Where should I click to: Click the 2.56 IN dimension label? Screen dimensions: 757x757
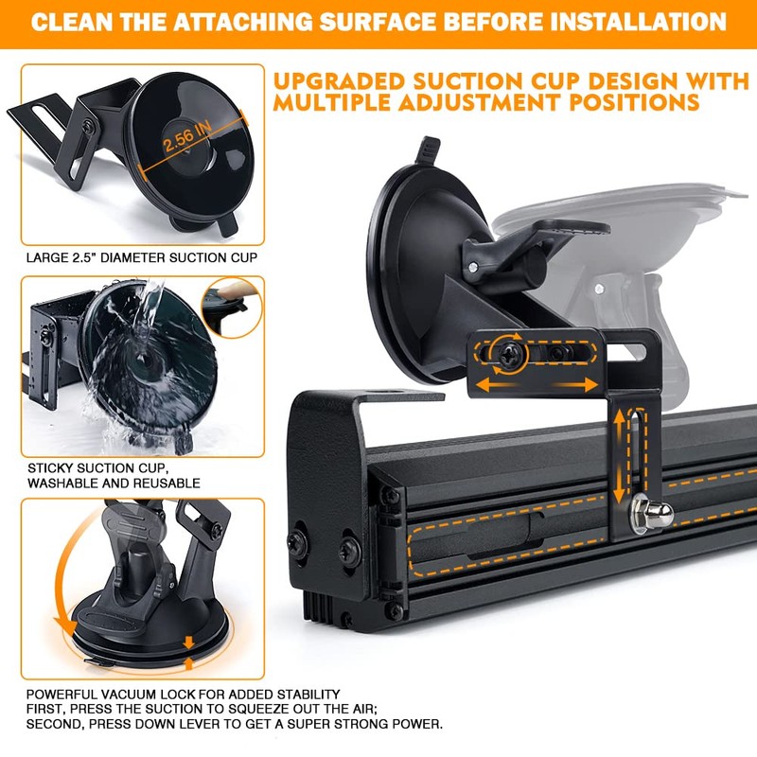[x=187, y=136]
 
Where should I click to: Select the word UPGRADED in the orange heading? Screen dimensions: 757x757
[x=338, y=81]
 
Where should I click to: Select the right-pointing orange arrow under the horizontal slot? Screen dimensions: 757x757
[x=577, y=385]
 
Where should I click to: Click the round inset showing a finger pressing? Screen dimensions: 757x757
[x=232, y=307]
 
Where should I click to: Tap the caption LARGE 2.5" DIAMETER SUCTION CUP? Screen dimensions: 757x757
[x=141, y=257]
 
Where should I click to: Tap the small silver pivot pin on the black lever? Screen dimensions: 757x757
[x=473, y=267]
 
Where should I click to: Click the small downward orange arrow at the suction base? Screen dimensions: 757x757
[x=188, y=643]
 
